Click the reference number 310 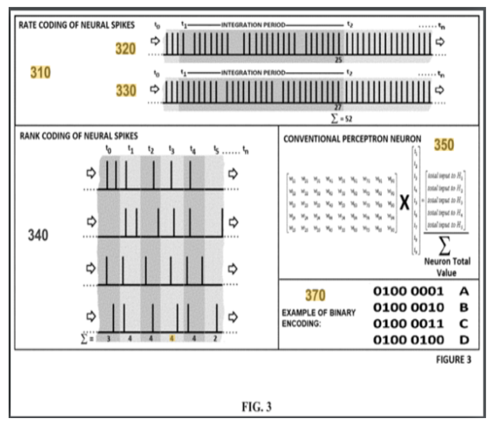point(40,72)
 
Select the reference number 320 point(125,49)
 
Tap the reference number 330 point(125,91)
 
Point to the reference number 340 point(38,235)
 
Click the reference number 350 point(443,145)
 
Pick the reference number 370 point(315,295)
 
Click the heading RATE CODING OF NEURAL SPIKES point(77,25)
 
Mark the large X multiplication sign point(405,203)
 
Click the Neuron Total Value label point(446,267)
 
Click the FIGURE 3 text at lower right point(453,360)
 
